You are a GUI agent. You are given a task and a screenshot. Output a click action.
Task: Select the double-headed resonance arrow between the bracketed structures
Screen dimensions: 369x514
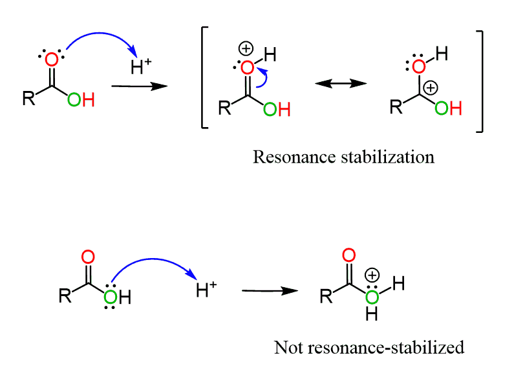point(341,84)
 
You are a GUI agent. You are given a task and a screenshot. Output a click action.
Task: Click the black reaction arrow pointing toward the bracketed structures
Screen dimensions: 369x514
point(135,86)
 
